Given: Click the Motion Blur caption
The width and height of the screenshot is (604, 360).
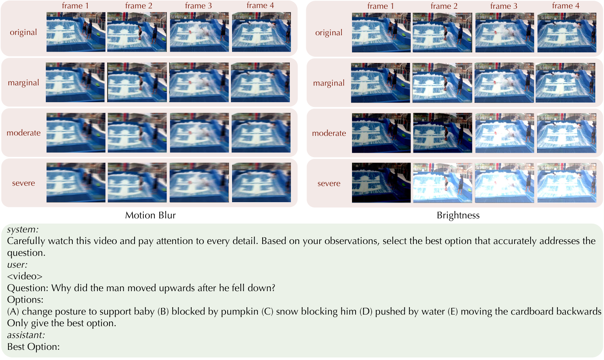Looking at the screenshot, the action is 150,215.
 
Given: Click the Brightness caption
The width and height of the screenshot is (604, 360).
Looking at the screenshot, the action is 458,216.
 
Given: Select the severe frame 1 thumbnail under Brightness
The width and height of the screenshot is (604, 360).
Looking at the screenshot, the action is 381,183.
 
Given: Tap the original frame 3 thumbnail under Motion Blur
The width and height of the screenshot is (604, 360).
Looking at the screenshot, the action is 199,32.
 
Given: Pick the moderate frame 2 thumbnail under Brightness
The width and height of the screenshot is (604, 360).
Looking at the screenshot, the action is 443,133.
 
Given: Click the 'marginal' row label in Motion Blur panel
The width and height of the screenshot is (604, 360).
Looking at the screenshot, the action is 24,83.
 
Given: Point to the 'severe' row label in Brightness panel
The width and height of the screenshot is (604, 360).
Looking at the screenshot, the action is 329,183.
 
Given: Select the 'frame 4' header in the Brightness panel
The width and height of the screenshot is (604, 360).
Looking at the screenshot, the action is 565,6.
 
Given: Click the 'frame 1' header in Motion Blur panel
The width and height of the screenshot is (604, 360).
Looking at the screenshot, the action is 75,6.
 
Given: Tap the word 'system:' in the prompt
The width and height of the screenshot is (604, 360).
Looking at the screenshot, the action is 23,229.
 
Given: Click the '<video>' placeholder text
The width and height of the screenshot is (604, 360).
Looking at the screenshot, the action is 24,276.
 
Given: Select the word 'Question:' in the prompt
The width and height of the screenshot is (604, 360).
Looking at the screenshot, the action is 28,288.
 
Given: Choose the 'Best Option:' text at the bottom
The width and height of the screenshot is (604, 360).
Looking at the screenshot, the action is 33,347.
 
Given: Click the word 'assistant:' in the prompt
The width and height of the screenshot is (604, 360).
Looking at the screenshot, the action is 25,335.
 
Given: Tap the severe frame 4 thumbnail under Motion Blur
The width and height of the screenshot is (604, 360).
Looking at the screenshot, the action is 261,182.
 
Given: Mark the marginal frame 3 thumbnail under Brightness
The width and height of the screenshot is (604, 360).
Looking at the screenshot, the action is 504,83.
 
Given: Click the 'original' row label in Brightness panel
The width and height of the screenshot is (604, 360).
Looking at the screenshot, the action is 329,33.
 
